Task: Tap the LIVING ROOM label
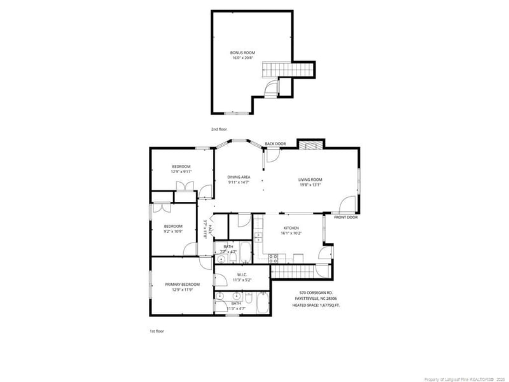[310, 180]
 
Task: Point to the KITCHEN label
[291, 227]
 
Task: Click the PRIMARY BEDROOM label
[182, 284]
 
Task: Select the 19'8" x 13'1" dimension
[310, 185]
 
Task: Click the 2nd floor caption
[219, 129]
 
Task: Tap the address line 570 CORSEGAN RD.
[316, 292]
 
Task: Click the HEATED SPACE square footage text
[316, 305]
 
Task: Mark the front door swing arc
[347, 205]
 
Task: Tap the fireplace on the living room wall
[311, 146]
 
